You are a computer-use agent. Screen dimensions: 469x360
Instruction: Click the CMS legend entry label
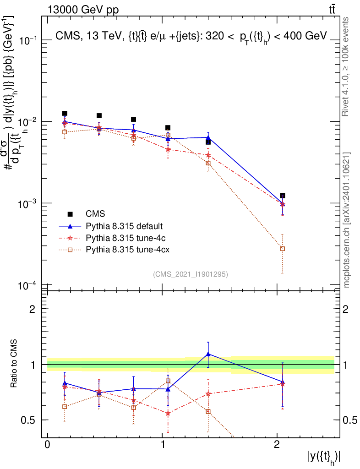tap(95, 213)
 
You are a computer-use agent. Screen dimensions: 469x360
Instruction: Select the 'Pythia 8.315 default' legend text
tap(124, 226)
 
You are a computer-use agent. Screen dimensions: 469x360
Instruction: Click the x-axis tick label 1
tap(162, 445)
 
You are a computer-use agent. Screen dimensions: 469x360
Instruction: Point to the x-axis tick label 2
tap(277, 445)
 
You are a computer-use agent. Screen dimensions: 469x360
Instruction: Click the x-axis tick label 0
tap(47, 445)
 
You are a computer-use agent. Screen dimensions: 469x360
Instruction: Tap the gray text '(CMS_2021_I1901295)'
tap(191, 274)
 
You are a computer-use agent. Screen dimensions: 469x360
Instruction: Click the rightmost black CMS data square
tap(283, 196)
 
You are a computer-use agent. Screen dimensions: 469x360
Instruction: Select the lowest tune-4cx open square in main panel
tap(283, 249)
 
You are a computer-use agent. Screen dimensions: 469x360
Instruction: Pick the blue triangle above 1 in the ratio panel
tap(208, 354)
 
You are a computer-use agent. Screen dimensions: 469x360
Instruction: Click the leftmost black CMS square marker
tap(65, 113)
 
